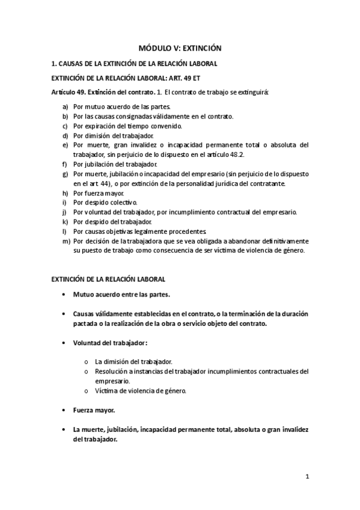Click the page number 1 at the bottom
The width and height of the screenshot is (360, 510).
(x=307, y=478)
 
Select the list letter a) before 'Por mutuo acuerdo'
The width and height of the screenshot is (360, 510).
(x=65, y=106)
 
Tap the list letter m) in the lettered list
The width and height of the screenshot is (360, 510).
(x=66, y=241)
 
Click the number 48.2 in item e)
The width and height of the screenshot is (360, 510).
(x=236, y=155)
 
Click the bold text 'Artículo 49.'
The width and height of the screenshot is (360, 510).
(x=69, y=92)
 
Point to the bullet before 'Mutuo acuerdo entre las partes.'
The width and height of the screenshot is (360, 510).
(x=63, y=295)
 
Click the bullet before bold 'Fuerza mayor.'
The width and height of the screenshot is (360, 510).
(x=63, y=410)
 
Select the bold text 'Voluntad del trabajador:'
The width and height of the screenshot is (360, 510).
(x=110, y=343)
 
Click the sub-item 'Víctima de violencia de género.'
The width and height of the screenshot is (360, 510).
(x=141, y=391)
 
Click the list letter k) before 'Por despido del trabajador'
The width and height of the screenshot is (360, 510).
(x=65, y=222)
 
